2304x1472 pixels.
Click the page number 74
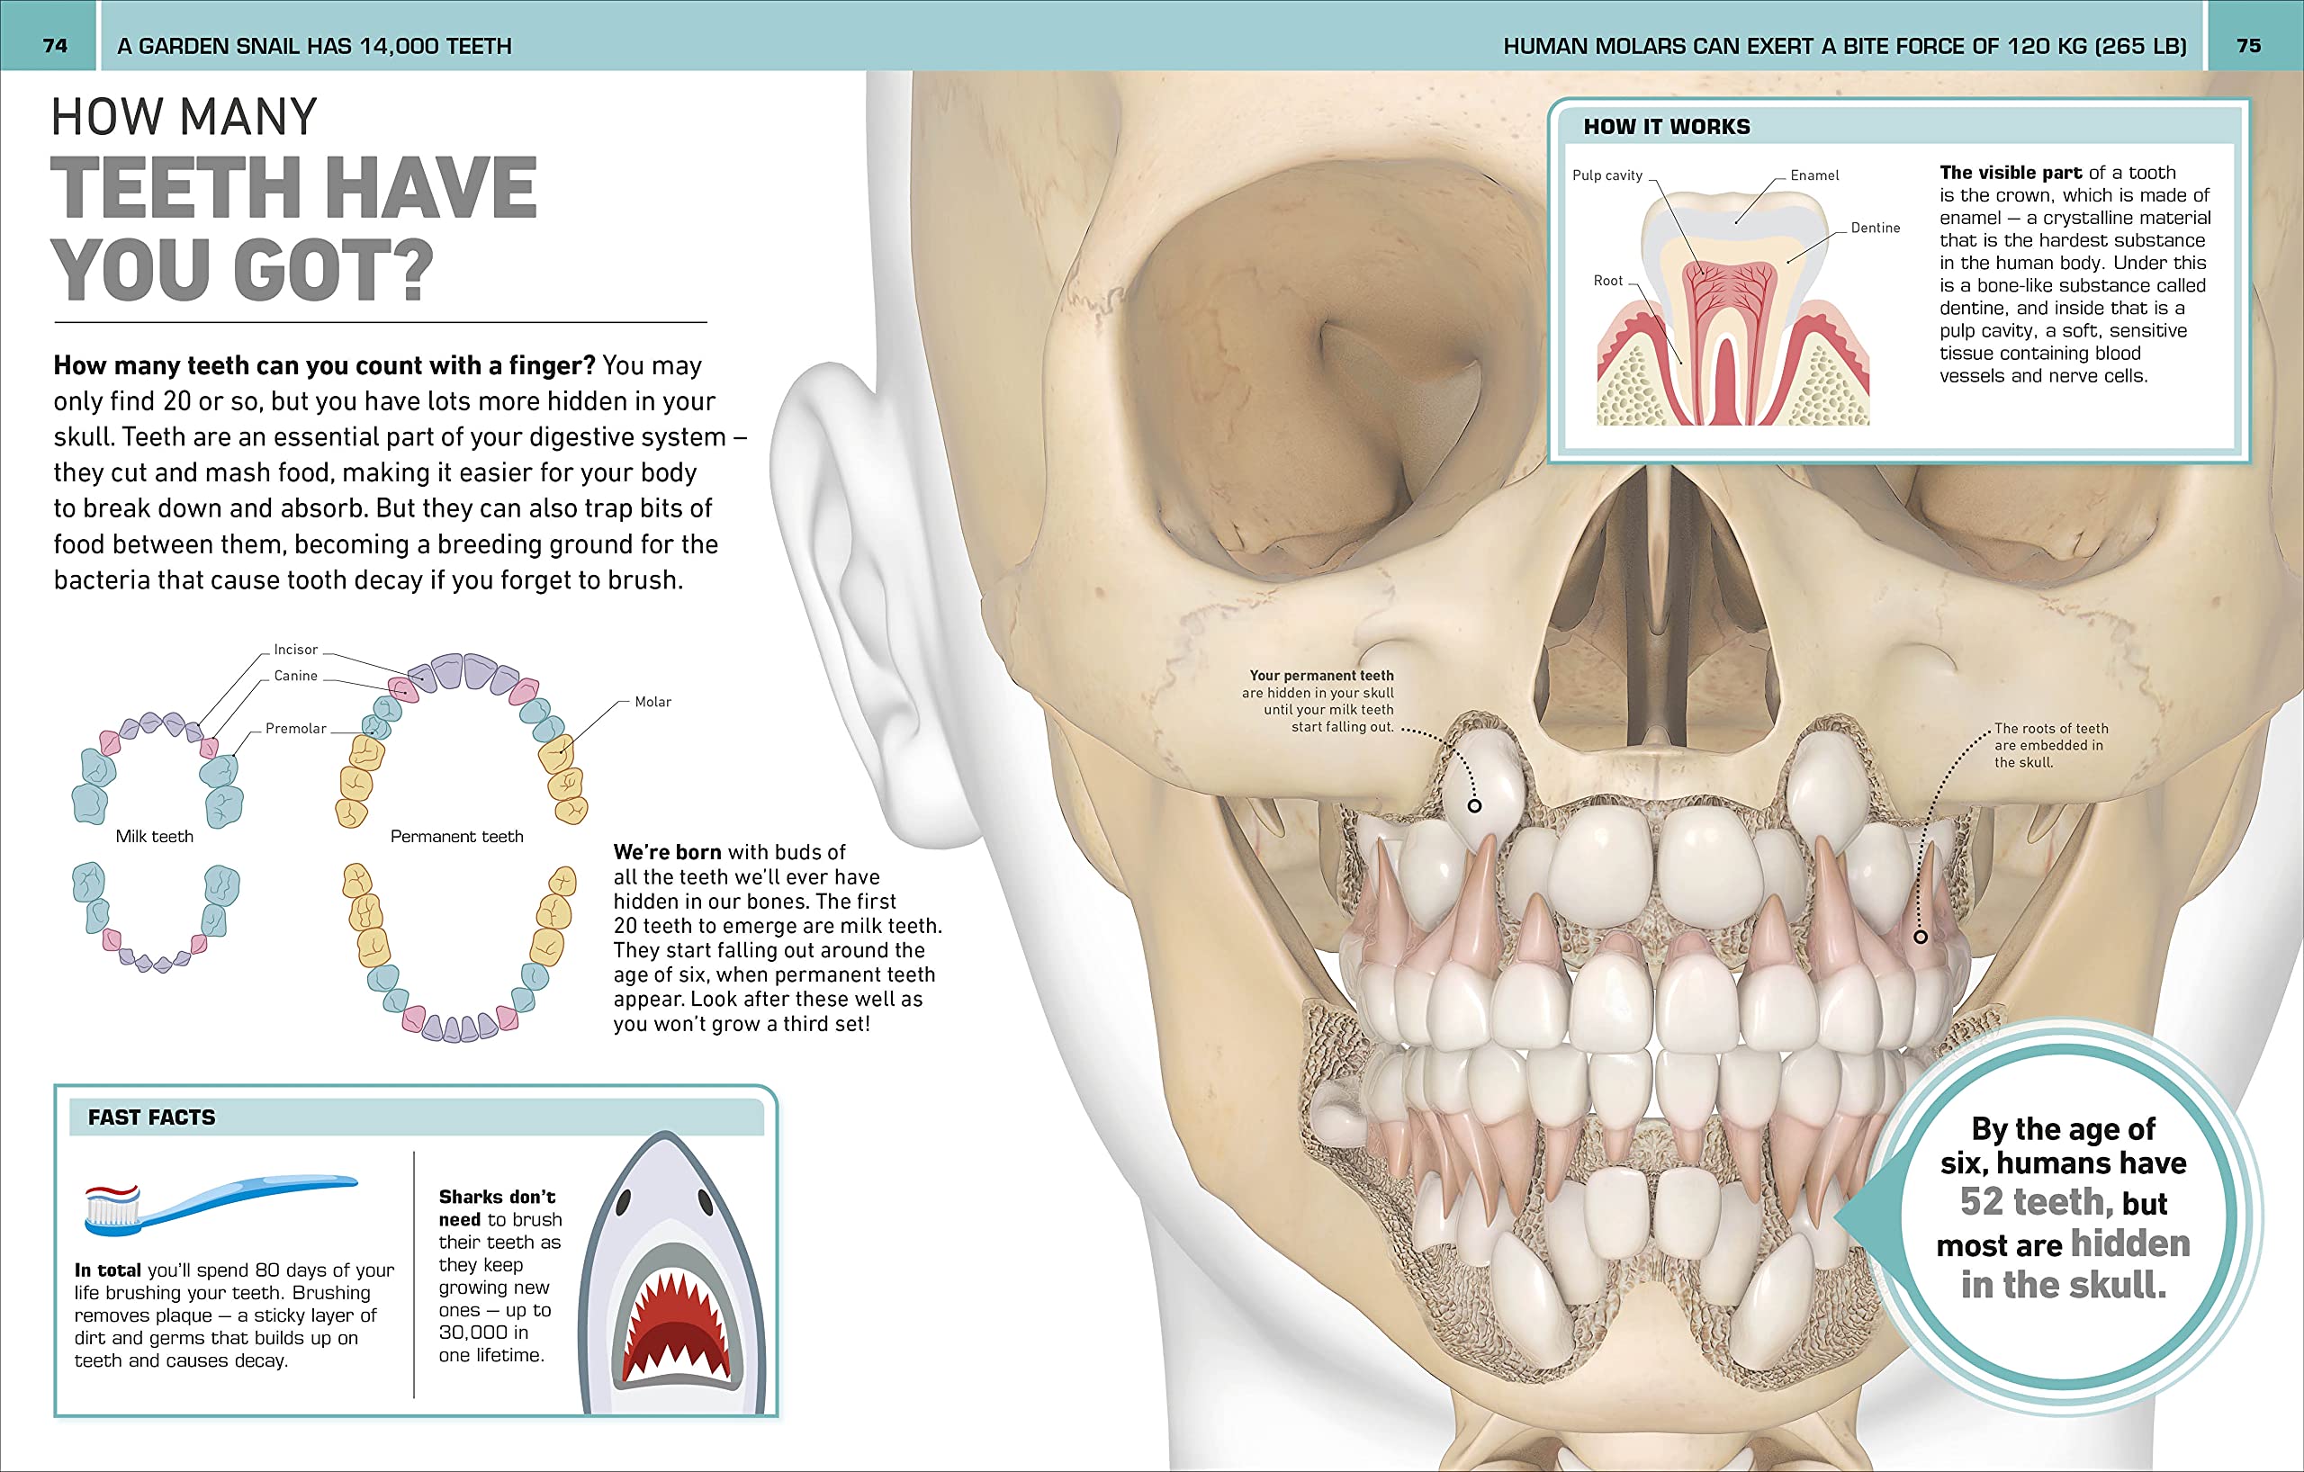(56, 46)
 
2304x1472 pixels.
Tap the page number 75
(2248, 46)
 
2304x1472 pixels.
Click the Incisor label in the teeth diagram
(296, 650)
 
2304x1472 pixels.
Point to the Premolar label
(296, 729)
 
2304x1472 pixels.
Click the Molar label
(652, 702)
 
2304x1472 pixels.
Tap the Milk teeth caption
(154, 837)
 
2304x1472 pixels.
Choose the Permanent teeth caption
(456, 837)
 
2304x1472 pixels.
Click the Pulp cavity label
(1607, 176)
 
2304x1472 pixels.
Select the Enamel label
(1814, 176)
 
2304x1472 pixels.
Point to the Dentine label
(1876, 229)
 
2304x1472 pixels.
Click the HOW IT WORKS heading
(1666, 127)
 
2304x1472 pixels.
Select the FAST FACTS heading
(151, 1117)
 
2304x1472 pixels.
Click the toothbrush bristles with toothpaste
(112, 1207)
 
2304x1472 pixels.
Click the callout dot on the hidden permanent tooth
(1474, 806)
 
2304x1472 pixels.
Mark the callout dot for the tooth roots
(1921, 938)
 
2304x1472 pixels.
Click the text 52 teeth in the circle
(2035, 1202)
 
